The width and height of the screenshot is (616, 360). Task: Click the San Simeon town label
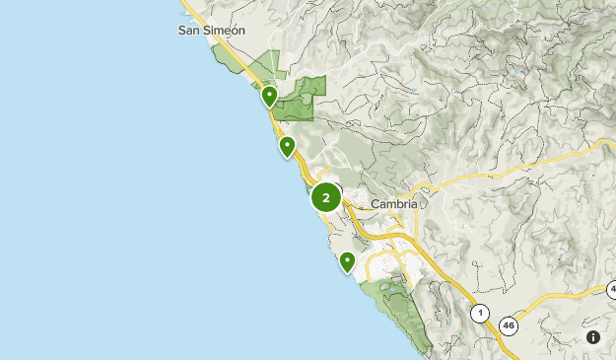coord(211,31)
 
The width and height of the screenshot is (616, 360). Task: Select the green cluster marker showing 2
coord(325,197)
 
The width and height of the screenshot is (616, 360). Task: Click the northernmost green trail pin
coord(269,96)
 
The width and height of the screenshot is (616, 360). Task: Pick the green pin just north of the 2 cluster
coord(287,147)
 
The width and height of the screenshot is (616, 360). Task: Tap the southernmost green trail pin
coord(347,261)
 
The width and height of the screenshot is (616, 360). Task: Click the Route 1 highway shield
coord(480,314)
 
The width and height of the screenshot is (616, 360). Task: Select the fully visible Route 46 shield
coord(509,325)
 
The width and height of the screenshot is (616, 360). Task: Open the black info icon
coord(593,337)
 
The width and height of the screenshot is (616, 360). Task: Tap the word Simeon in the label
coord(226,31)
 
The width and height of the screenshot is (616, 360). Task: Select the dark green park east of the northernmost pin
coord(301,99)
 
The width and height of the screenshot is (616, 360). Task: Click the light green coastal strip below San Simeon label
coord(229,61)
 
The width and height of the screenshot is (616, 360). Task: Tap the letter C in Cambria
coord(376,204)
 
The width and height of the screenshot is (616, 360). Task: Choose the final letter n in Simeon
coord(241,31)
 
